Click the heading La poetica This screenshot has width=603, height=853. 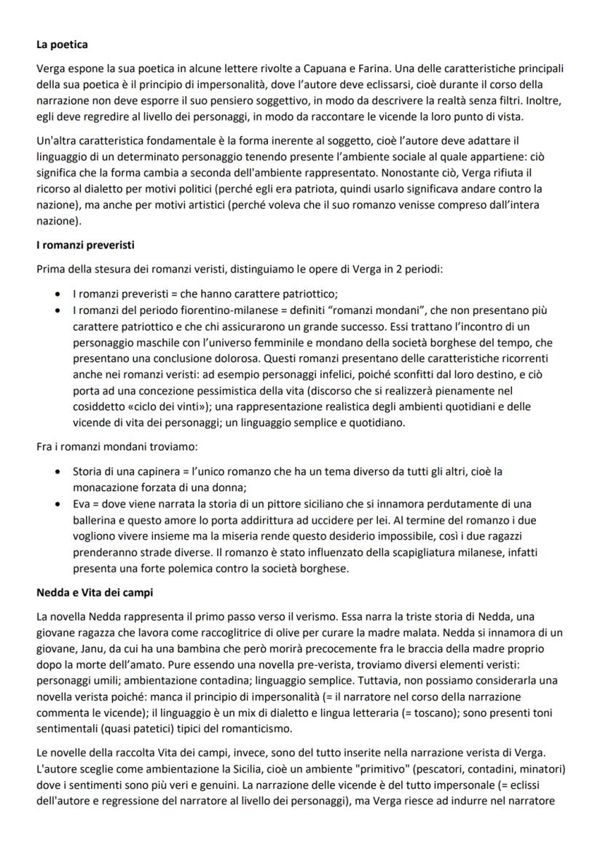pyautogui.click(x=62, y=45)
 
